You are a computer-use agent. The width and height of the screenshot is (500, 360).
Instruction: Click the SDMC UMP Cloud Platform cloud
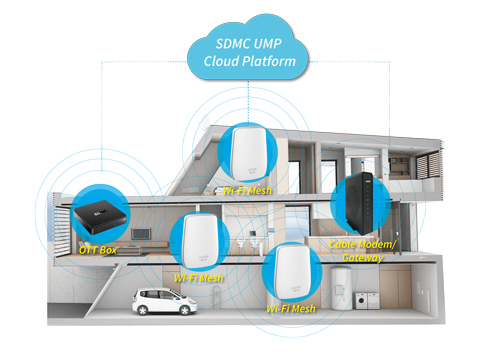249,51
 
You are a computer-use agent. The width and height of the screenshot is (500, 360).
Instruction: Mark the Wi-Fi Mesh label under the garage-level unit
289,309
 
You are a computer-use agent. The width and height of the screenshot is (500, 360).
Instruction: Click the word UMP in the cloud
264,43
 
